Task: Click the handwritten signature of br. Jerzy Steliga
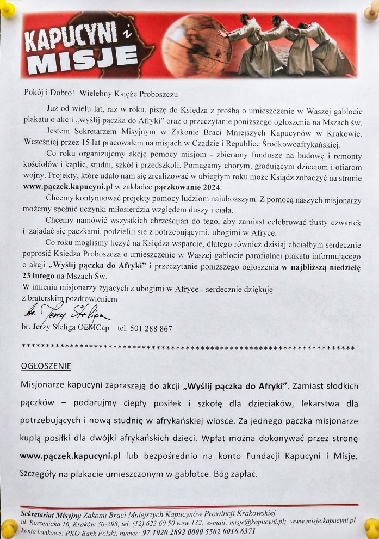click(x=65, y=315)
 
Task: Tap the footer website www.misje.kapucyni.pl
click(x=322, y=521)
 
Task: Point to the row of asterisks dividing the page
click(x=188, y=346)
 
